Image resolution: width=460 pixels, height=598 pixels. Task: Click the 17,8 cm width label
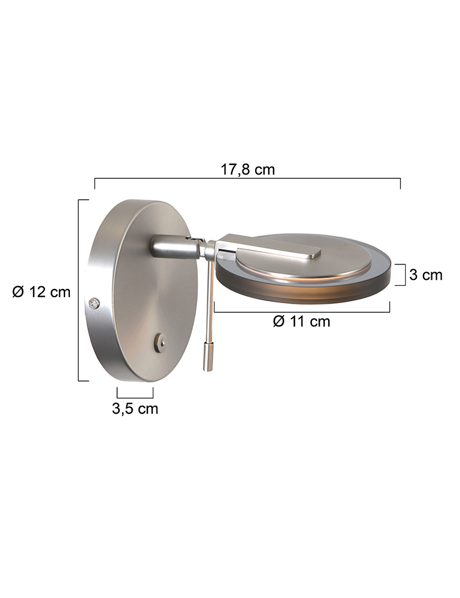click(248, 169)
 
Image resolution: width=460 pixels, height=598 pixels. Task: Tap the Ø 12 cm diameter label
click(41, 292)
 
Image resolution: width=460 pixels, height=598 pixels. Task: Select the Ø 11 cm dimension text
click(301, 322)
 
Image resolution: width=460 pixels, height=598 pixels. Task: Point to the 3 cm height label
click(426, 274)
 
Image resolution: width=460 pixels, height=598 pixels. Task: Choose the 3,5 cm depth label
click(135, 409)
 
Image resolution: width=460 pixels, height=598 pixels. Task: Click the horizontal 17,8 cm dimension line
click(248, 179)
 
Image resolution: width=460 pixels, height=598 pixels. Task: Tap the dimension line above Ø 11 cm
click(302, 310)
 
